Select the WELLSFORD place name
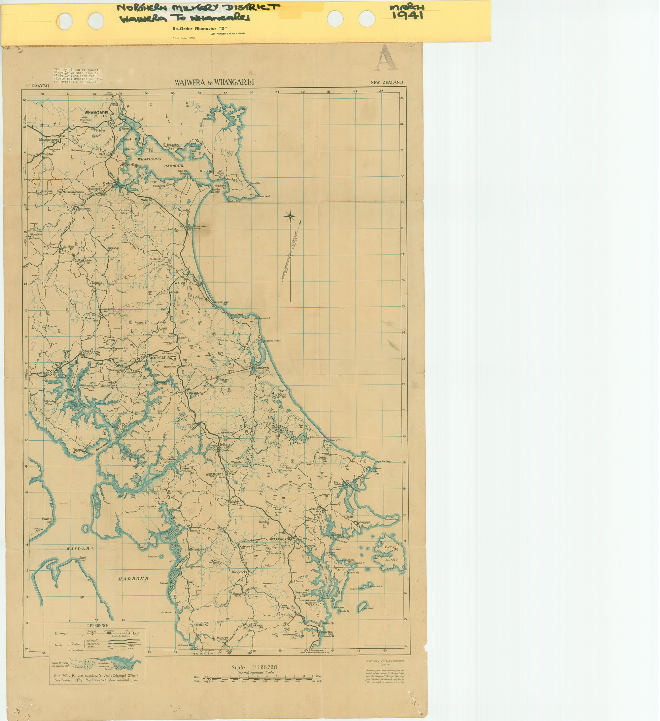click(x=213, y=474)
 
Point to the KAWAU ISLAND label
click(x=391, y=553)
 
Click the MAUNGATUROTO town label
click(x=163, y=358)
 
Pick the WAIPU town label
click(x=180, y=283)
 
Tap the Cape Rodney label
click(x=383, y=461)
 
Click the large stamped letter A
click(x=386, y=57)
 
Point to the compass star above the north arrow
click(x=290, y=216)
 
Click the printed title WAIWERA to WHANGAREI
click(x=214, y=82)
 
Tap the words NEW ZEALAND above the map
click(x=387, y=82)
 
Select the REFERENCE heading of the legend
click(x=98, y=626)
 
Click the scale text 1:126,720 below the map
click(x=254, y=667)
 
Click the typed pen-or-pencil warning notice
click(x=78, y=76)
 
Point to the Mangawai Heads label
click(x=271, y=341)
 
